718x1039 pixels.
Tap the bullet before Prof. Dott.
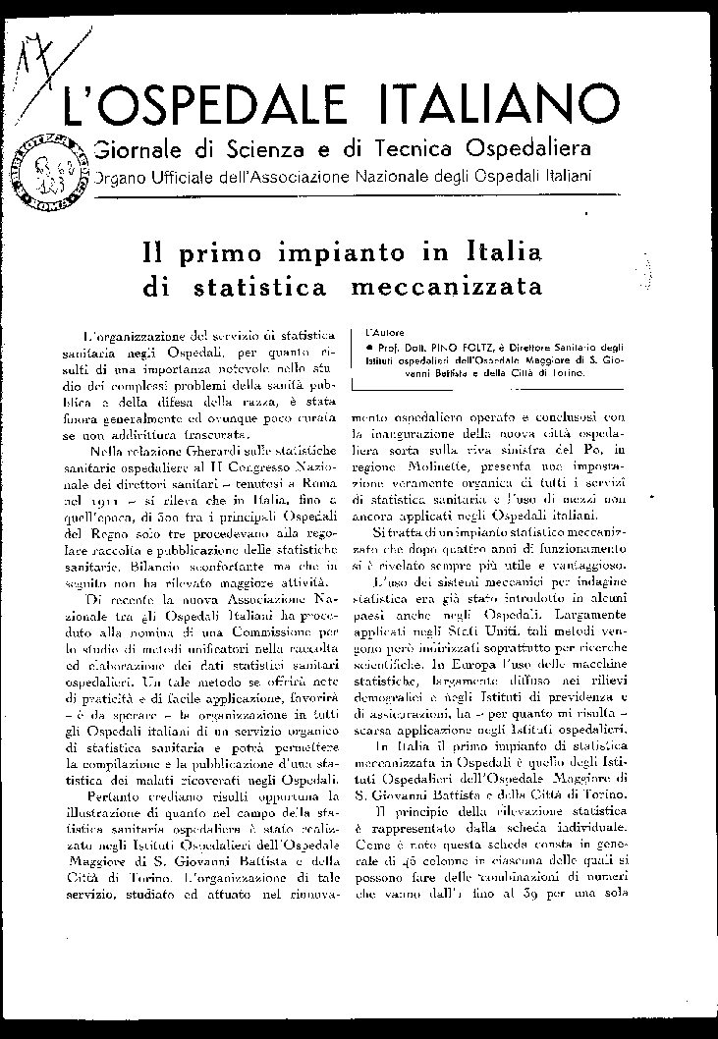tap(366, 349)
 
